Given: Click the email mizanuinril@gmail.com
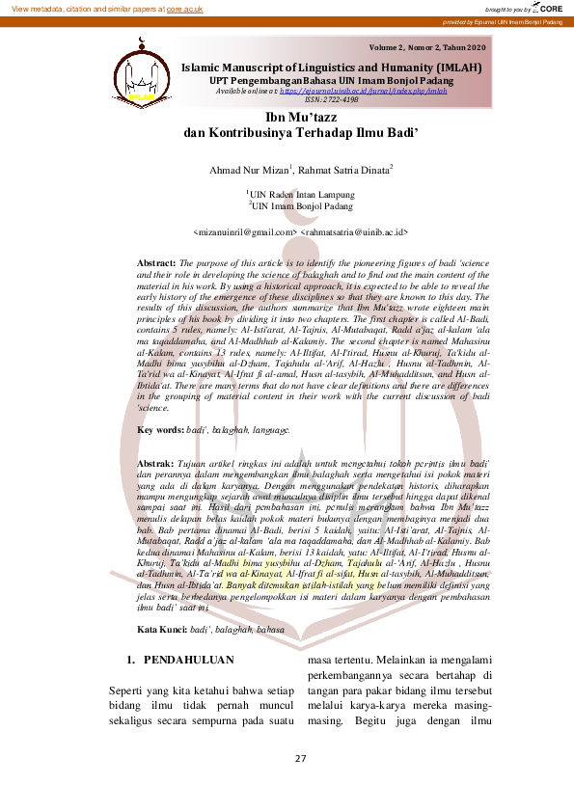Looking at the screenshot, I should (x=245, y=232).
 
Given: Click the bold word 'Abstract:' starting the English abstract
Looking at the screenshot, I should (x=156, y=262).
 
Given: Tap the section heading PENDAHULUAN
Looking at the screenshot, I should (x=189, y=661).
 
